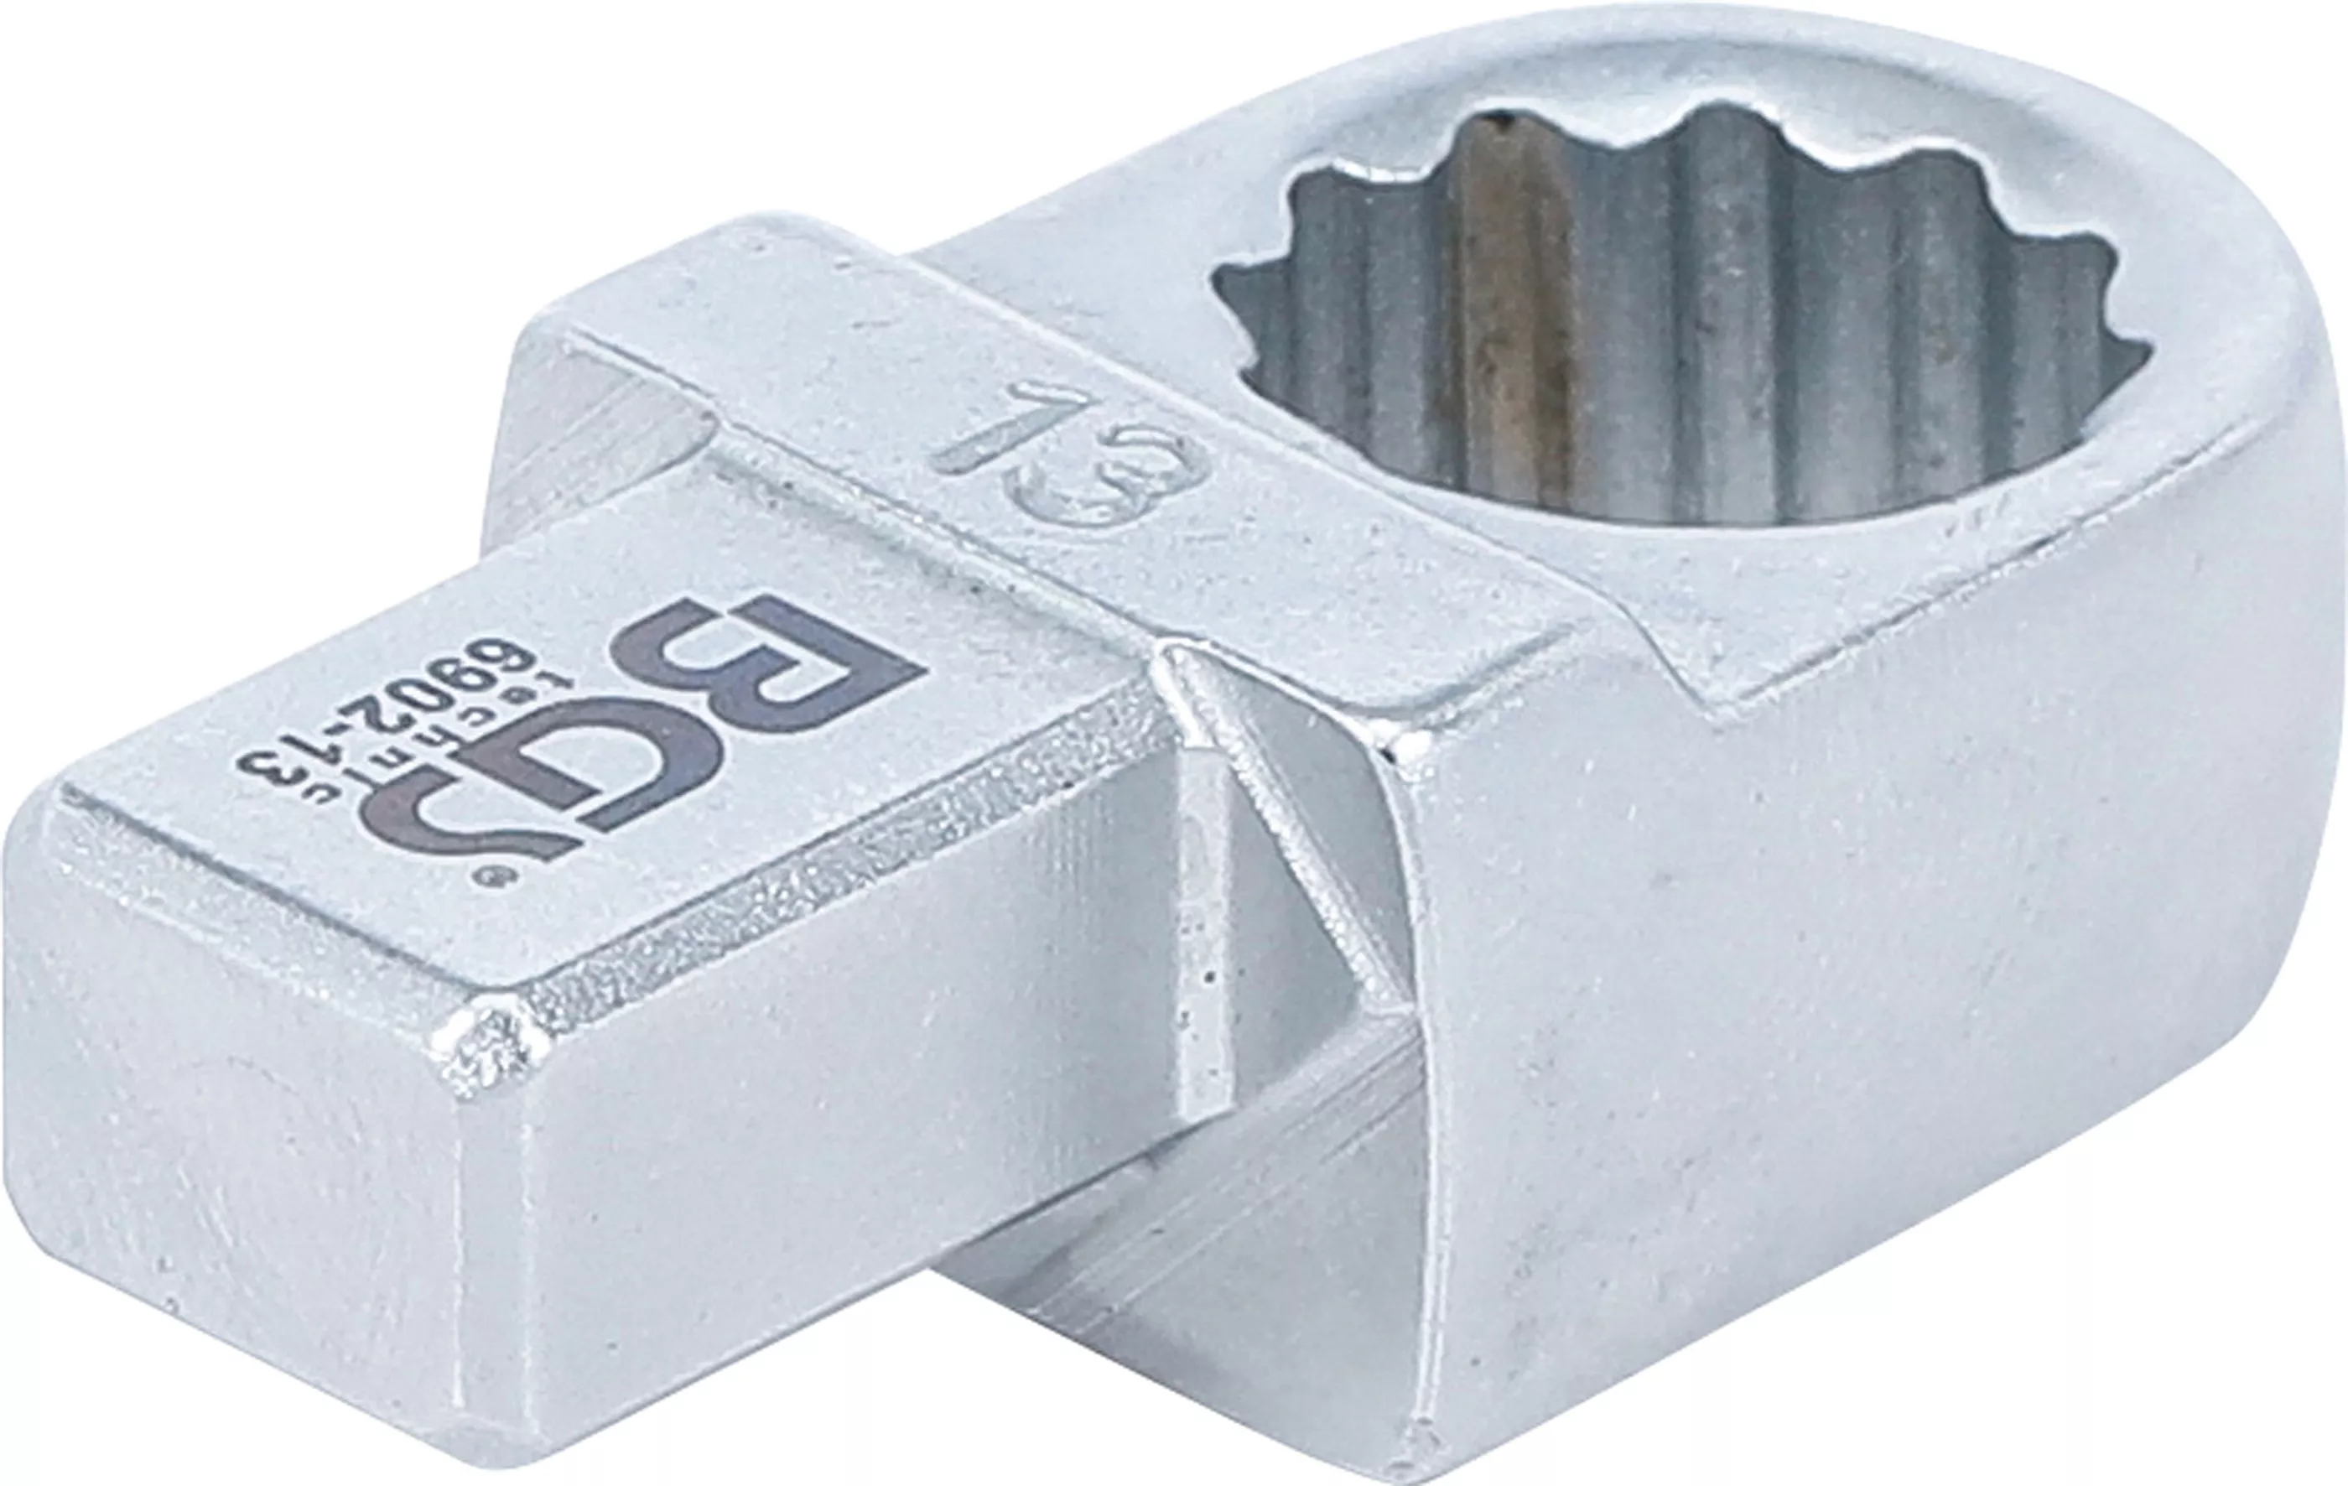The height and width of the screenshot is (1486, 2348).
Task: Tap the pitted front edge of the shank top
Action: [829, 907]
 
